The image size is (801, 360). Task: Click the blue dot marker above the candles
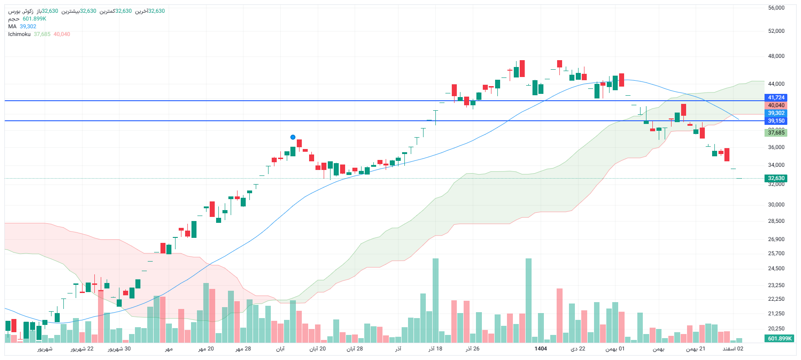[293, 137]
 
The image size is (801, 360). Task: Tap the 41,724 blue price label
[776, 98]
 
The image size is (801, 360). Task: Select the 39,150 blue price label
[776, 121]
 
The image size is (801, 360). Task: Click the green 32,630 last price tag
[776, 178]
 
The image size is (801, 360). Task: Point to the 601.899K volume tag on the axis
[780, 339]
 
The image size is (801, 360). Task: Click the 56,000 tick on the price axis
[776, 8]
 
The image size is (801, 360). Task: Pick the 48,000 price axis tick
[776, 56]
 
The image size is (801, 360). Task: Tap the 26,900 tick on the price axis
[776, 239]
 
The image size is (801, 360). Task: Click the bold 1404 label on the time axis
[541, 349]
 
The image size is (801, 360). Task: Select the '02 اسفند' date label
[733, 349]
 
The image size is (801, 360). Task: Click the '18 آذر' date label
[435, 349]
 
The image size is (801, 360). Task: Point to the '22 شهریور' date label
[82, 349]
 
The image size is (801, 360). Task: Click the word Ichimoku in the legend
[19, 34]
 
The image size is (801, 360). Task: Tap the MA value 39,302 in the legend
[28, 26]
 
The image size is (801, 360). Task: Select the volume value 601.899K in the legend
[34, 19]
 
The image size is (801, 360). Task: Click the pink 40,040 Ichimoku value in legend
[62, 34]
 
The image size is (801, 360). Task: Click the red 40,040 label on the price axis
[776, 105]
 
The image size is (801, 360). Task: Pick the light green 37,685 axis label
[776, 133]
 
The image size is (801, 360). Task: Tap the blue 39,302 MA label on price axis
[776, 113]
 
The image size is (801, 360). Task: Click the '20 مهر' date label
[206, 349]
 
